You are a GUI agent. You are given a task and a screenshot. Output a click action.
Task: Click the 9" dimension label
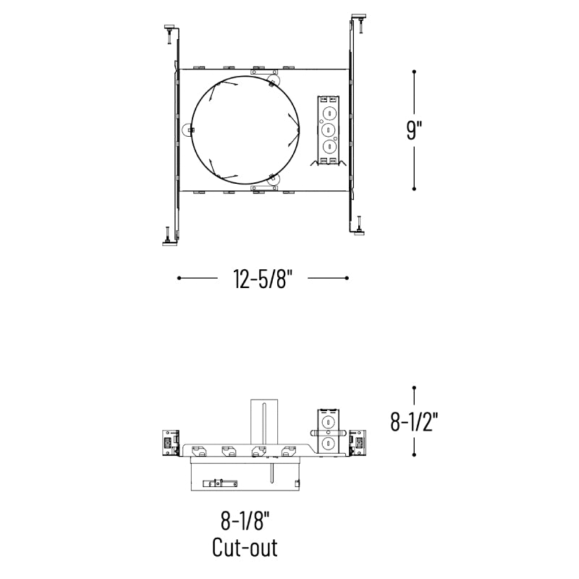point(414,130)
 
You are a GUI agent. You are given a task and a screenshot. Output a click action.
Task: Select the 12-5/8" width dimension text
point(263,279)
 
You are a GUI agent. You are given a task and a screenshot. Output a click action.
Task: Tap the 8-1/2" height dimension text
point(414,421)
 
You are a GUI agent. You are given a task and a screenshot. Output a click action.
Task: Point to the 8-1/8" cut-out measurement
point(245,521)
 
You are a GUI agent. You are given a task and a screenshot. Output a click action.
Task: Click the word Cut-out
point(245,548)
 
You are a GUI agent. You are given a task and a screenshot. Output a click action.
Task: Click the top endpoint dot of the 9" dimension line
point(414,72)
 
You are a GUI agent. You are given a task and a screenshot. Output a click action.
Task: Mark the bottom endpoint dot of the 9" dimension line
point(414,189)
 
